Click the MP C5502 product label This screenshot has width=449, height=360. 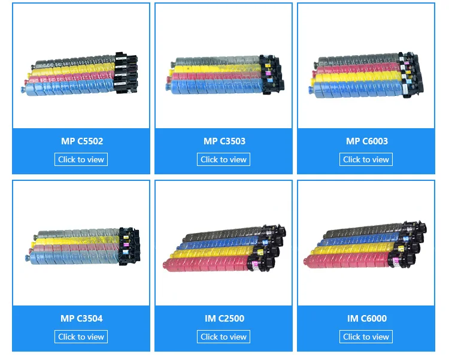[81, 141]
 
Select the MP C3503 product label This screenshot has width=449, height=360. [224, 141]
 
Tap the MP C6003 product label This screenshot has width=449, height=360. [366, 141]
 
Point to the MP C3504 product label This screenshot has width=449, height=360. [81, 319]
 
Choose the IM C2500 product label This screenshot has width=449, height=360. [224, 319]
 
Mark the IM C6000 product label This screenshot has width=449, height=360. [366, 319]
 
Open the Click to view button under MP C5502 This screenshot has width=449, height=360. [81, 159]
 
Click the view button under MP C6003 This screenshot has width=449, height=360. [366, 159]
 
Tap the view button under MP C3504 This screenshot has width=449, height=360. [81, 337]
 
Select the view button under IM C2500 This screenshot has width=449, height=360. [224, 337]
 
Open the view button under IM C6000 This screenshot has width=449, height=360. [366, 337]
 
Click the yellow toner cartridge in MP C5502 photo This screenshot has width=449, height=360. [72, 72]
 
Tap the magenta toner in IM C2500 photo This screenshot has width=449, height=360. [210, 262]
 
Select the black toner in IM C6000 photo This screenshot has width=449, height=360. [359, 232]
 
